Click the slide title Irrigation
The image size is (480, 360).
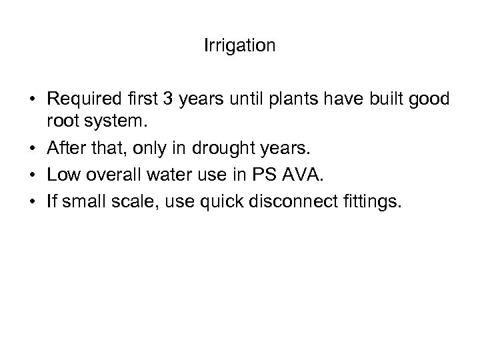pos(239,46)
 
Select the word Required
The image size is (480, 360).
pos(79,100)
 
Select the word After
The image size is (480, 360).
pos(65,143)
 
